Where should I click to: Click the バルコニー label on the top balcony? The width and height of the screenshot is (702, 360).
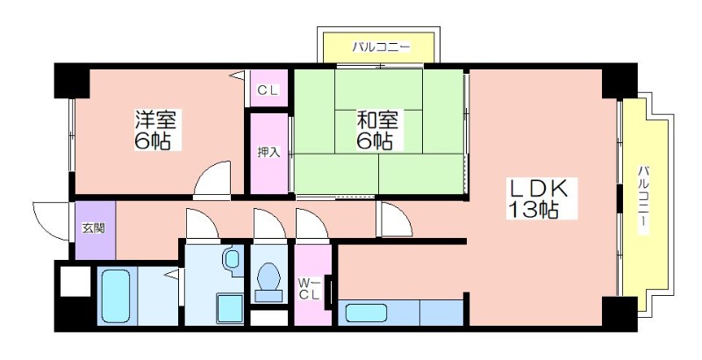pos(381,46)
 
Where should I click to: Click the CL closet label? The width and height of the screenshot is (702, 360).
pos(269,90)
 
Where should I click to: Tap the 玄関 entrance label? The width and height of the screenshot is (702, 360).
pos(93,228)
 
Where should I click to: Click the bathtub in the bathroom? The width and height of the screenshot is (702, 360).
pos(117,297)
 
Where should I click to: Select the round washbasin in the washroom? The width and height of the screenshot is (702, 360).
pos(231,258)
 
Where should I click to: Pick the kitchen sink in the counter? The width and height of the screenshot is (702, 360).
pos(362,312)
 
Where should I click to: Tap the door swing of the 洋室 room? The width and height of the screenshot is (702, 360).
pos(211,180)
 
